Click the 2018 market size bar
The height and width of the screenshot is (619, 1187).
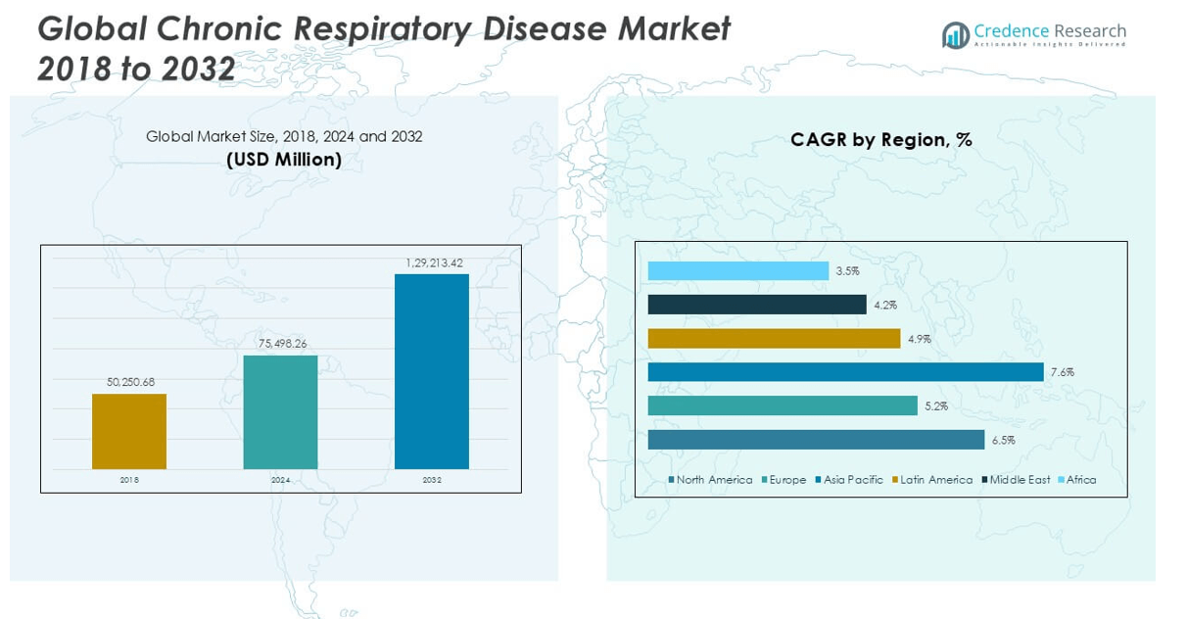(129, 431)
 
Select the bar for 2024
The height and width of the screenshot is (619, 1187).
(280, 411)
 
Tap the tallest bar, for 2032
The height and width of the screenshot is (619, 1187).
(432, 371)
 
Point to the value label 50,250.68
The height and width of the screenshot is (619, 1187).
(129, 381)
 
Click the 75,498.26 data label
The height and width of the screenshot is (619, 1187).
(280, 343)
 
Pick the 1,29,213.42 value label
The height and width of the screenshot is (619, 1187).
(433, 262)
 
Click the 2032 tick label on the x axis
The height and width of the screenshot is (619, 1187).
(432, 481)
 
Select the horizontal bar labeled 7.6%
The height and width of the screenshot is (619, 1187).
(845, 372)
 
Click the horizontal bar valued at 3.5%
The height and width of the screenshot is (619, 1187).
(737, 271)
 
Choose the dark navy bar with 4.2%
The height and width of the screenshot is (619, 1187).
(757, 305)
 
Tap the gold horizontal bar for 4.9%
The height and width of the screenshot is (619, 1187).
(774, 339)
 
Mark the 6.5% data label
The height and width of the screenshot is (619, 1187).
(1003, 441)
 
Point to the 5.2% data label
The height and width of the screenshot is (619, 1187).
(935, 406)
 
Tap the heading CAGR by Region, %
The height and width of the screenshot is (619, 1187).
(880, 140)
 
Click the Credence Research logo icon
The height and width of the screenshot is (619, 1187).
(955, 36)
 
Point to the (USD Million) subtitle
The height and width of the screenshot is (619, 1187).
(284, 160)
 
